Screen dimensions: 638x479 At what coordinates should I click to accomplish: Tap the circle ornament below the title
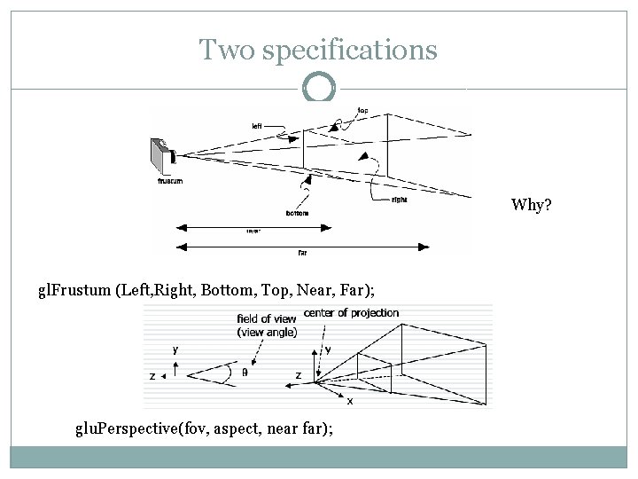point(319,88)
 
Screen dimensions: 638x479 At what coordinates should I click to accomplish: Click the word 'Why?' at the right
point(531,206)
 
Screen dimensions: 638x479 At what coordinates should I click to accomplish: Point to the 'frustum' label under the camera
point(170,180)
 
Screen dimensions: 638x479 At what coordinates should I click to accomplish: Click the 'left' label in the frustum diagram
point(256,126)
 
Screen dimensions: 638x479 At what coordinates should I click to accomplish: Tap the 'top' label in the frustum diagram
point(362,111)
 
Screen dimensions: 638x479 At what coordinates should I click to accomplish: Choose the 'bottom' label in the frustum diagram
point(298,213)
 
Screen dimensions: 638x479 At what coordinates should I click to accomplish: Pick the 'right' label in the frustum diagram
point(399,200)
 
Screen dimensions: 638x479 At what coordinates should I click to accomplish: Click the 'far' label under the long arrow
point(303,252)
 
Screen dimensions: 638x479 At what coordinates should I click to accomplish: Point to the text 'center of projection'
point(351,313)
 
